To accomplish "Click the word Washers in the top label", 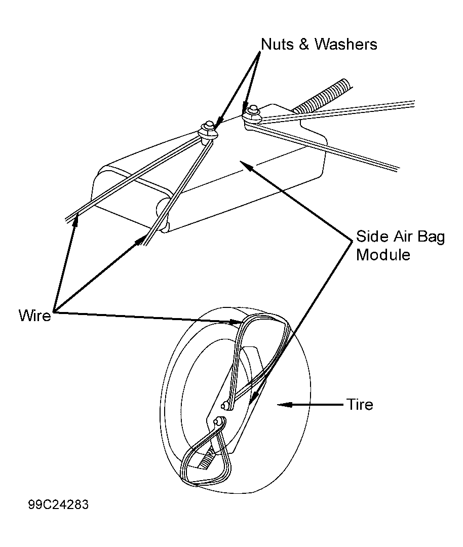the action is point(346,44).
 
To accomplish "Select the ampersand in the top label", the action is point(303,44).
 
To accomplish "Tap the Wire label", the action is point(35,316).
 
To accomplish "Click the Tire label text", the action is point(360,405).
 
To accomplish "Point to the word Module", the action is point(383,255).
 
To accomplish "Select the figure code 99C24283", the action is point(58,505).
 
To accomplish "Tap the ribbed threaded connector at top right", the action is point(322,95).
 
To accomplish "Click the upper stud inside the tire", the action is point(226,405).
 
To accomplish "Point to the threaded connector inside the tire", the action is point(205,461).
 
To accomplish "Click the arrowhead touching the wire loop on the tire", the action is point(235,322).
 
